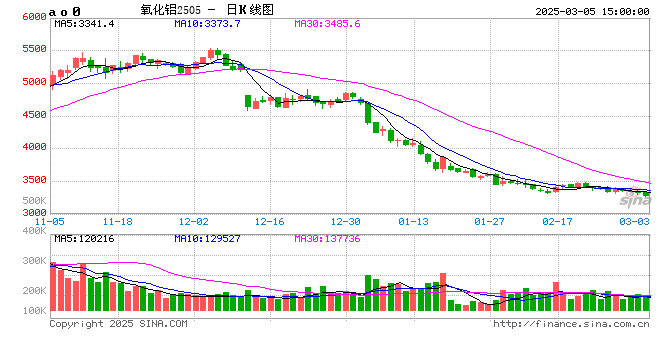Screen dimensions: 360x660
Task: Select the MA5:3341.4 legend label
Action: coord(85,23)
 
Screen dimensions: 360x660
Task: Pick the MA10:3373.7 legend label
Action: coord(207,23)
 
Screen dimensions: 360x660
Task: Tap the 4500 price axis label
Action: coord(33,115)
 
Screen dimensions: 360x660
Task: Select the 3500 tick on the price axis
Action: coord(33,181)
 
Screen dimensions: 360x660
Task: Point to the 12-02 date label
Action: coord(194,221)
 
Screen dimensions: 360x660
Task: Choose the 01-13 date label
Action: coord(413,221)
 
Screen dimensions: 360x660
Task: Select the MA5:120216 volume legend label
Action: coord(85,240)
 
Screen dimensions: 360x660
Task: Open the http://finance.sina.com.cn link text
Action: coord(572,324)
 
